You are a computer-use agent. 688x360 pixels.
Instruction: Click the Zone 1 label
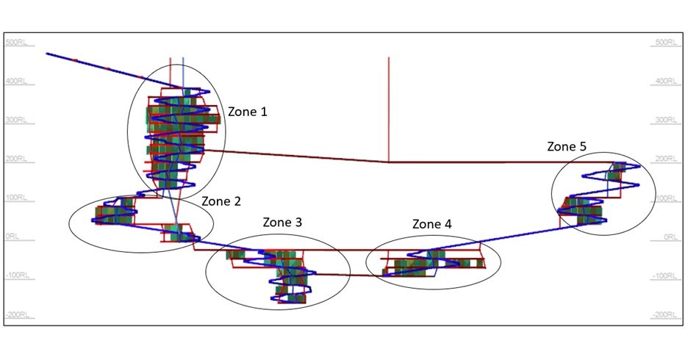point(248,112)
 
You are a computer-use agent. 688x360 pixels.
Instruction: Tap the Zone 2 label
point(221,201)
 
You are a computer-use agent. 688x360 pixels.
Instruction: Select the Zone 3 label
point(282,222)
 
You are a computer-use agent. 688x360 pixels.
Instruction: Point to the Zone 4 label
point(432,224)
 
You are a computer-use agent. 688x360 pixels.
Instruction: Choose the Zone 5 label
point(567,146)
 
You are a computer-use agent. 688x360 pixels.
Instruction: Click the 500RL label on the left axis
point(16,42)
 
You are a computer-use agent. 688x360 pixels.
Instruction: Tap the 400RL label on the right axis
point(664,81)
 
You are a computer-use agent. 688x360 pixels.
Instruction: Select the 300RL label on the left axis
point(16,120)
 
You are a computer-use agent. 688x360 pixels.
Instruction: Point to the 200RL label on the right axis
point(664,159)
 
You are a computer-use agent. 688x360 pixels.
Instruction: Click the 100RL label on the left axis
point(16,198)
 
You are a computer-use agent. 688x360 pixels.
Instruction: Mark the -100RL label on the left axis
point(16,276)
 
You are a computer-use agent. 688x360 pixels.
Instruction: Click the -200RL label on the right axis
point(664,314)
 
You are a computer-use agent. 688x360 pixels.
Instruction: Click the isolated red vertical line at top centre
point(388,103)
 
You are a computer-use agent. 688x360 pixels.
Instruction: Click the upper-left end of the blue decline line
point(48,54)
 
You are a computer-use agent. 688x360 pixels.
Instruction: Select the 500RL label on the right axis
point(664,42)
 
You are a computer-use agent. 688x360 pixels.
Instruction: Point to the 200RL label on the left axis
point(16,159)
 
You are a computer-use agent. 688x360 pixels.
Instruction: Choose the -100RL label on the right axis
point(664,276)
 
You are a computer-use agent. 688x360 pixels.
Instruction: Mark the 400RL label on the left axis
point(16,81)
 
